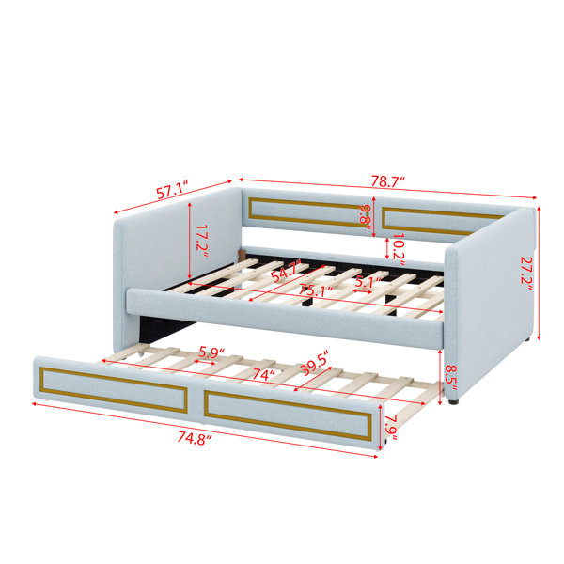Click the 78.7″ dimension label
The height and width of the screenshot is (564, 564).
[x=388, y=181]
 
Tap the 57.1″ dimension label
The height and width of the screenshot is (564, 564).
[x=173, y=191]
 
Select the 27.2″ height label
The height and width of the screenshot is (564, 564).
[x=526, y=274]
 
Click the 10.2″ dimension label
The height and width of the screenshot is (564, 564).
[x=399, y=249]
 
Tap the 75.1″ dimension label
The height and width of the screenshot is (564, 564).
[x=316, y=290]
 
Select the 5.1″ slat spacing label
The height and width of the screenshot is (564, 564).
[x=368, y=282]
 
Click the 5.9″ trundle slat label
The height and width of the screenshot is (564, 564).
[x=211, y=352]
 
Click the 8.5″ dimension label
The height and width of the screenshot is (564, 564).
[x=451, y=378]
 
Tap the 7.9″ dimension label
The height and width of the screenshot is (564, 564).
[x=391, y=428]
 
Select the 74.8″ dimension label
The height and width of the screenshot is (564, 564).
[x=195, y=438]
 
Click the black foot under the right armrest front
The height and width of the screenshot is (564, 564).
[x=454, y=401]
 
